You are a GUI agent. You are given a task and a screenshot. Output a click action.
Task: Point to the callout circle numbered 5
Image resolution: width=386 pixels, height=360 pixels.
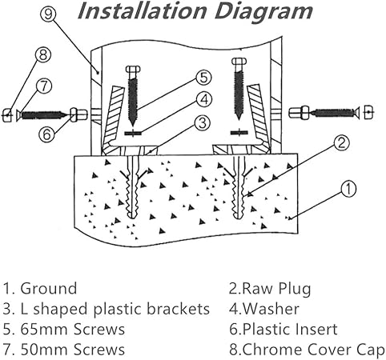pos(204,77)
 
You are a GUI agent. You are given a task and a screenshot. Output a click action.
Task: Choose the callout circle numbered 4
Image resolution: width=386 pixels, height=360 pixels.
pos(204,100)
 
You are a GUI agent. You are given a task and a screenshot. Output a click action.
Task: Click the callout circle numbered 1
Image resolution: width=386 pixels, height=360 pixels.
pos(347,190)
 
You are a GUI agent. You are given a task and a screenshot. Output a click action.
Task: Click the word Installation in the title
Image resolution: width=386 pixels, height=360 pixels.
pos(139,12)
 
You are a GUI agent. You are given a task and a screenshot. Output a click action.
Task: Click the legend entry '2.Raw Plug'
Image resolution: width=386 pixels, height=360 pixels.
pos(268,289)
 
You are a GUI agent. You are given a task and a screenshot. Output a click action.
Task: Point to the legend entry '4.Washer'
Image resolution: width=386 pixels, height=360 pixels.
pos(263,309)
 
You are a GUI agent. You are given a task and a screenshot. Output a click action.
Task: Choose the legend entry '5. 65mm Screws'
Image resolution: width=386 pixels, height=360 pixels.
pos(63,330)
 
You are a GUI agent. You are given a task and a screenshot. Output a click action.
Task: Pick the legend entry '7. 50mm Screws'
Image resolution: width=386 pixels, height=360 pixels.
pos(63,350)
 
